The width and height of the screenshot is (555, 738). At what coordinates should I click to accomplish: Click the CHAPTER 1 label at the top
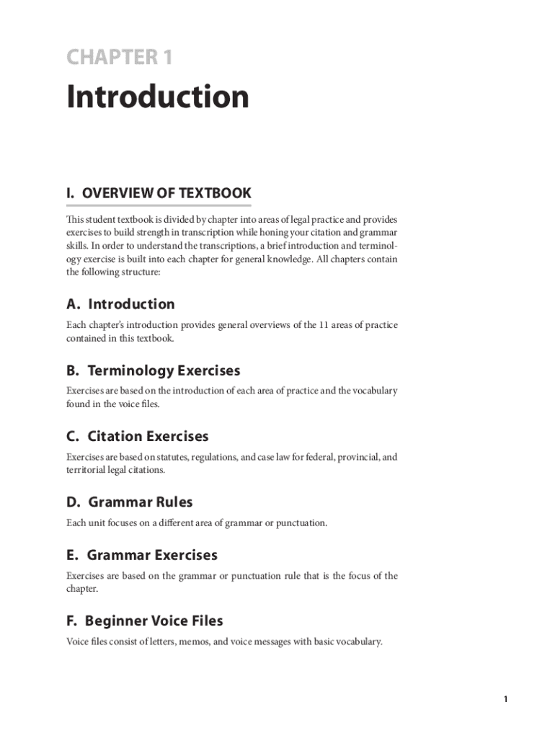pos(120,57)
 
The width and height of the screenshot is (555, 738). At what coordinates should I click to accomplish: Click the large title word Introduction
pos(158,97)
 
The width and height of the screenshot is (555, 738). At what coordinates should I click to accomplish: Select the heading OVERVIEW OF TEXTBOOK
pos(159,193)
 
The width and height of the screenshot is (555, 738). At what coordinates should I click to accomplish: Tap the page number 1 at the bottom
pos(506,699)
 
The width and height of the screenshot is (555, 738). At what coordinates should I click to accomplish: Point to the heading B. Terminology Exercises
pos(153,370)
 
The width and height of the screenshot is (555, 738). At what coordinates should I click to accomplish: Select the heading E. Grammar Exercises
pos(141,555)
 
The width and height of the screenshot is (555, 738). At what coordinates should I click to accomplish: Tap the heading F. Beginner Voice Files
pos(144,621)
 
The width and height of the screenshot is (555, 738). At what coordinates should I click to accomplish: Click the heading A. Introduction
pos(120,304)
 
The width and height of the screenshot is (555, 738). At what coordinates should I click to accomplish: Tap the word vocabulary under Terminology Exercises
pos(373,391)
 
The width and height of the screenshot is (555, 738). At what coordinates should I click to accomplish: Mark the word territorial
pos(88,470)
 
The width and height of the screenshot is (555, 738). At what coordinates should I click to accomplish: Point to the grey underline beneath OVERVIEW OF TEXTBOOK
pos(159,206)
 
